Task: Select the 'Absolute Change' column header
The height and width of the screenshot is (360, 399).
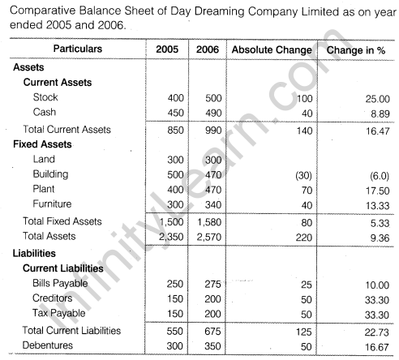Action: pos(271,49)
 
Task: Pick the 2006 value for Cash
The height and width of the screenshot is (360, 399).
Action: pos(208,113)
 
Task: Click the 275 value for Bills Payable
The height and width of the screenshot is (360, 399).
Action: pos(208,284)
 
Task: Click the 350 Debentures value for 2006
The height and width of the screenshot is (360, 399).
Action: pos(208,346)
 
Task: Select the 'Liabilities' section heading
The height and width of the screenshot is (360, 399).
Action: pos(35,252)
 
